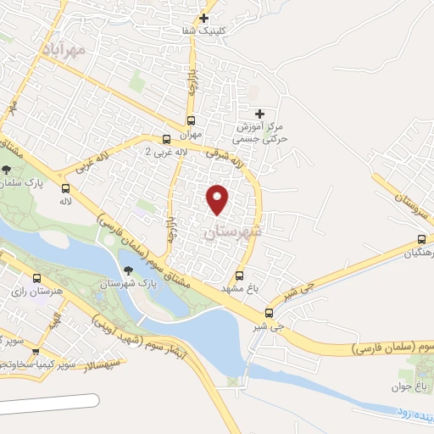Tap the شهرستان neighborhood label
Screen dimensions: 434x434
233,231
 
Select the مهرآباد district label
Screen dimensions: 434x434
64,52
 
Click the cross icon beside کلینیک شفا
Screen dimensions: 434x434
203,17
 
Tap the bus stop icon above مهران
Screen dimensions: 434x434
192,120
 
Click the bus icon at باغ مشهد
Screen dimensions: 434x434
240,275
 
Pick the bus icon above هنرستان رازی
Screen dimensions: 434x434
36,277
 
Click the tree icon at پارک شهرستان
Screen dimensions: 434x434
128,270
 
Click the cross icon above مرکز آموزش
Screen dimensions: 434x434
259,113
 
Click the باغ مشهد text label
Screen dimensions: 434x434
240,288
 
